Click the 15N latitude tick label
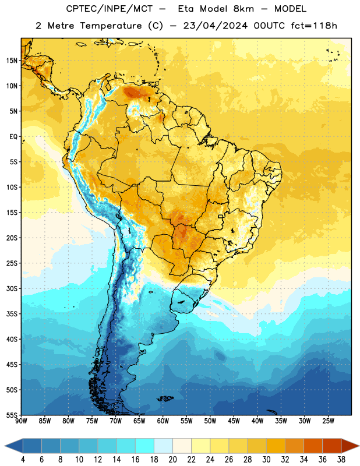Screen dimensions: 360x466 point(12,61)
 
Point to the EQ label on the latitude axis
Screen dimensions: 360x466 point(13,137)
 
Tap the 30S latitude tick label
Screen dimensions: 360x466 point(12,288)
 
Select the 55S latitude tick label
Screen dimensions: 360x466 point(12,415)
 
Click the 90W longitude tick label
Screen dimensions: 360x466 point(21,421)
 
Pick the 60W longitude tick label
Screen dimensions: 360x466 point(163,421)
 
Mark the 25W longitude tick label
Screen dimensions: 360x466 point(328,421)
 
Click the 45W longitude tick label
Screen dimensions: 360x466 point(234,421)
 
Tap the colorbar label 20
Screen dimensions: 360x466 point(172,460)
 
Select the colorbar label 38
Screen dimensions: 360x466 point(341,460)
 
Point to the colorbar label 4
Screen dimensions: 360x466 point(23,460)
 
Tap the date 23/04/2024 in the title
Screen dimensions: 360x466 point(216,26)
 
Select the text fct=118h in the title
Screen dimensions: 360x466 point(314,26)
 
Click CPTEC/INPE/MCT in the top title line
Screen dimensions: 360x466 point(109,9)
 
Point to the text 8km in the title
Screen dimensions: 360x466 point(243,9)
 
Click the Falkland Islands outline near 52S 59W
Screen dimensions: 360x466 point(165,398)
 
